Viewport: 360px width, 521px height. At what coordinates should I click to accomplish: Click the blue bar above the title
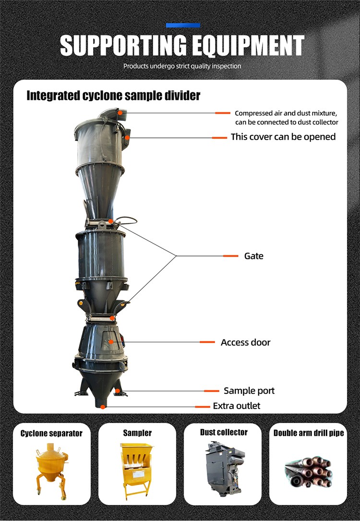(x=183, y=25)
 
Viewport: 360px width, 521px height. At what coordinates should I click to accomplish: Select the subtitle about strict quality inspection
(x=182, y=66)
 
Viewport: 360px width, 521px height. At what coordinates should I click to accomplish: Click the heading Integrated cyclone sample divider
(x=113, y=96)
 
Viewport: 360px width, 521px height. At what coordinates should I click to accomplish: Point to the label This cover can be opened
(x=283, y=137)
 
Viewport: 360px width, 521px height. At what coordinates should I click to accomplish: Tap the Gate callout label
(x=253, y=256)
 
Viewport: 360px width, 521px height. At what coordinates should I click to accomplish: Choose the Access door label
(x=245, y=342)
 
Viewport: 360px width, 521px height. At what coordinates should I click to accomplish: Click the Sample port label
(x=249, y=391)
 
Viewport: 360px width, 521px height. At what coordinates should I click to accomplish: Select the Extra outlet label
(x=237, y=406)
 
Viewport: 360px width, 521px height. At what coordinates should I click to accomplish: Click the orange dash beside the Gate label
(x=230, y=256)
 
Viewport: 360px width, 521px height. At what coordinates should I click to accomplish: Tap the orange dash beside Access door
(x=207, y=342)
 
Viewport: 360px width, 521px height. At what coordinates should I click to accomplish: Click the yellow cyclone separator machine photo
(x=50, y=469)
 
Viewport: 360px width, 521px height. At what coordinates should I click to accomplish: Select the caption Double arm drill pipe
(x=309, y=433)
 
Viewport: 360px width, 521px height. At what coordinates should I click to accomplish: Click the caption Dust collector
(x=224, y=432)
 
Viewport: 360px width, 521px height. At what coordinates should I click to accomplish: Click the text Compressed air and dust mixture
(x=286, y=113)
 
